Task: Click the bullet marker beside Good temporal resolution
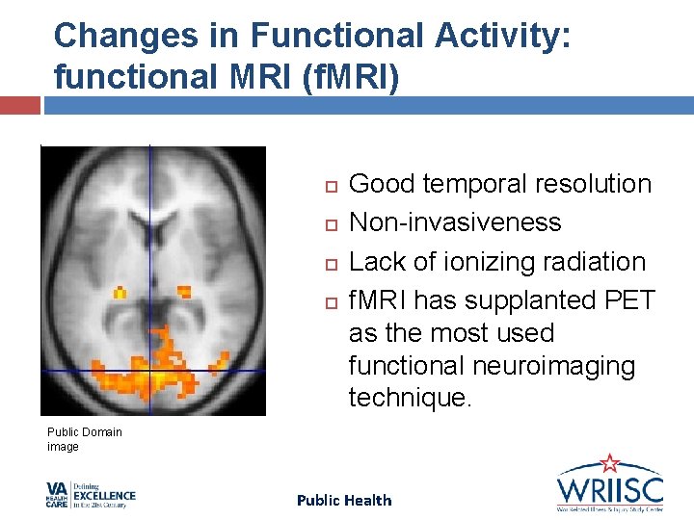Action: click(x=330, y=185)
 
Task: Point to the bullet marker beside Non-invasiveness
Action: click(x=330, y=223)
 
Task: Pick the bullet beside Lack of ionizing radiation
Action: click(x=330, y=263)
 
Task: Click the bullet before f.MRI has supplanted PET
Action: click(x=330, y=302)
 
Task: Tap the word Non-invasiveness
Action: click(x=454, y=222)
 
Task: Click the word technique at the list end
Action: click(x=410, y=399)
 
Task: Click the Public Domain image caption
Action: click(x=85, y=439)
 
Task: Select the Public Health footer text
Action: click(x=344, y=500)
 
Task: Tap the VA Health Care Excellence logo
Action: click(x=91, y=495)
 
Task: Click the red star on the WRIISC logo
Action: click(x=609, y=463)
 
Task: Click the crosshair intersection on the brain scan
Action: click(x=150, y=370)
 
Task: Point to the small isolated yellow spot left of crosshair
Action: click(x=120, y=291)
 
